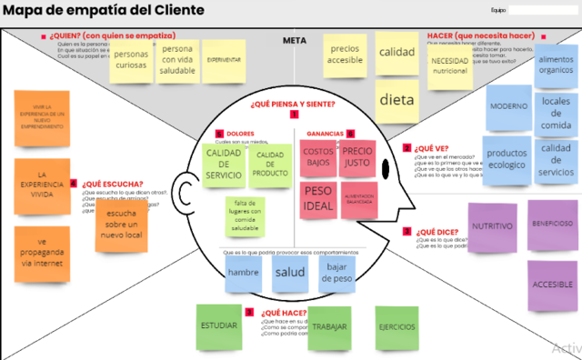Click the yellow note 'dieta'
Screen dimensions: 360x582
[x=396, y=101]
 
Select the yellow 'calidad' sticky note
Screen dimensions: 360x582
[x=396, y=53]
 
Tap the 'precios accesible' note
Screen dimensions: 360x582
[x=345, y=55]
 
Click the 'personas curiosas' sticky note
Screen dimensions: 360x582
[x=131, y=60]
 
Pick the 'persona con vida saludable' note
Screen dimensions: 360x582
[x=177, y=60]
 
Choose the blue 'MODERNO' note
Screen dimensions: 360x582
[x=508, y=107]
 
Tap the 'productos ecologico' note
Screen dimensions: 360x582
[x=506, y=159]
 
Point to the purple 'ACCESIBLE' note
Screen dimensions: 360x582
[x=551, y=284]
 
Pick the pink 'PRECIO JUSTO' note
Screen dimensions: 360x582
[x=357, y=156]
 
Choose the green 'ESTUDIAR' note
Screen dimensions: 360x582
[x=221, y=326]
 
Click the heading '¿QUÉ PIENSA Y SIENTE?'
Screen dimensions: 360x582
[x=293, y=103]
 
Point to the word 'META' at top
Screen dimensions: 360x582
[x=294, y=41]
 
